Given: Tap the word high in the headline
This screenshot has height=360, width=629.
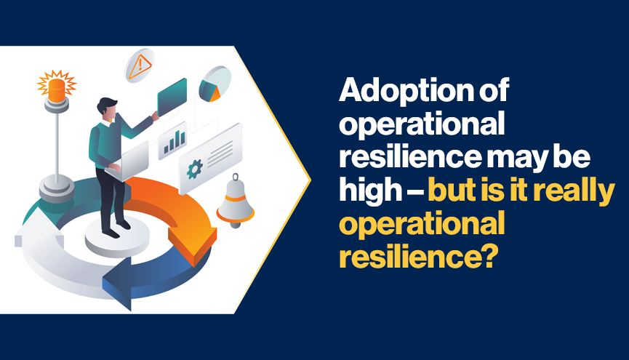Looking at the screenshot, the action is (x=371, y=191).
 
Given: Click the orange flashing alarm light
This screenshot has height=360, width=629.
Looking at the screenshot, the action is (x=57, y=87).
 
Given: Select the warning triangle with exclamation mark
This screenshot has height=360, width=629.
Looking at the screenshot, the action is (x=140, y=66).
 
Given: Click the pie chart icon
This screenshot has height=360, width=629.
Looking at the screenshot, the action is (x=215, y=84).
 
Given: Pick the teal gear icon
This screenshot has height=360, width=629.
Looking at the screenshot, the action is (x=195, y=169).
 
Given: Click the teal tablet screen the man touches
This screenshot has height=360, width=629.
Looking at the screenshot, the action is (x=172, y=97).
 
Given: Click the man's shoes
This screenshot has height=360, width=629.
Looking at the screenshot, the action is (x=117, y=229).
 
